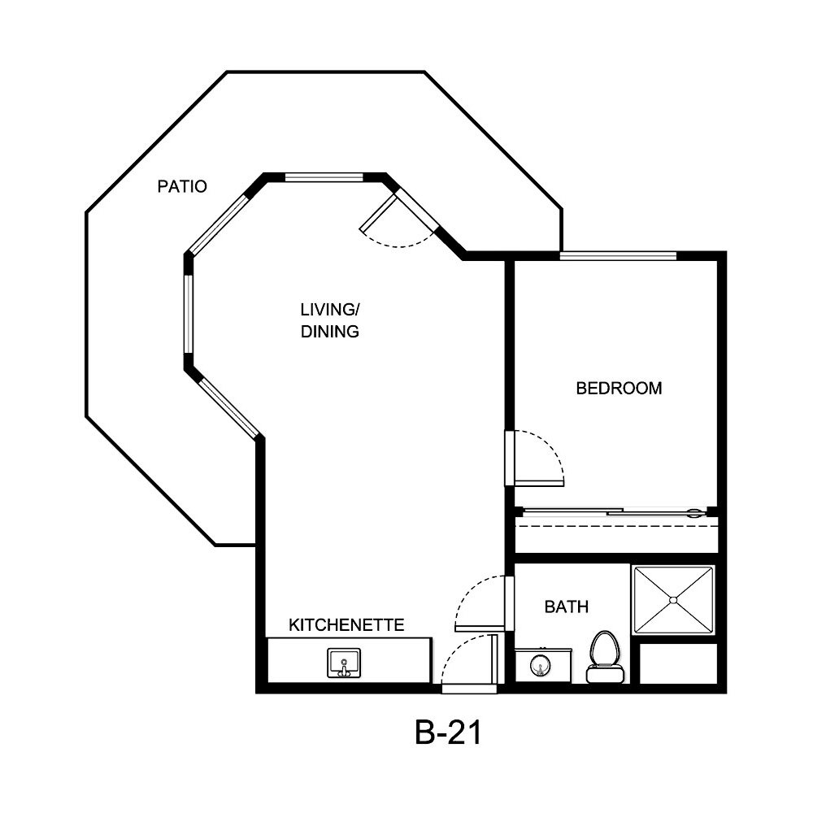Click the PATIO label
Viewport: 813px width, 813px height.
click(182, 187)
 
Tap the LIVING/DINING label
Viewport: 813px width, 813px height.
click(330, 320)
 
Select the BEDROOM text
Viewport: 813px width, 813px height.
click(619, 389)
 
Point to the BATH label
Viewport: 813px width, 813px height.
click(567, 606)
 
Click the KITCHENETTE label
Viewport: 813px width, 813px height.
click(347, 625)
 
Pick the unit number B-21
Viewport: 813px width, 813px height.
click(449, 733)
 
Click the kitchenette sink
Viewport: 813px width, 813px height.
click(344, 663)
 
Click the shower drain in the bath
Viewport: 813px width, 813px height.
click(673, 600)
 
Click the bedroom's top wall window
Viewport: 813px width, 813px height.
click(618, 255)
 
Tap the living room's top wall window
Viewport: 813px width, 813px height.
click(324, 176)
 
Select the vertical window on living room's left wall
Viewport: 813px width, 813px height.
click(188, 314)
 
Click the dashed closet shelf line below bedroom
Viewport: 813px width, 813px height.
click(618, 526)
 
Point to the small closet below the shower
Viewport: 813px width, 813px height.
click(677, 663)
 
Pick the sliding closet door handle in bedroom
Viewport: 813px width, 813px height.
click(694, 513)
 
